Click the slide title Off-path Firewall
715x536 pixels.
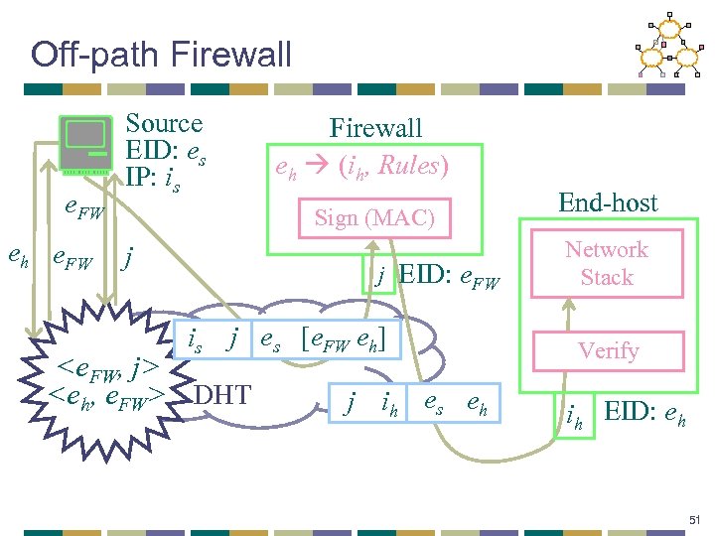click(x=161, y=54)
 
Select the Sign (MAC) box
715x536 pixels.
click(x=374, y=218)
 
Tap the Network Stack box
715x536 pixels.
click(x=607, y=264)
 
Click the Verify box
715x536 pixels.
click(x=609, y=350)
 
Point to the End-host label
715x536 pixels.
click(x=608, y=203)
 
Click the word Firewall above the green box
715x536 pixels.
click(x=375, y=128)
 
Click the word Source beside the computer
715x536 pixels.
click(x=164, y=124)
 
